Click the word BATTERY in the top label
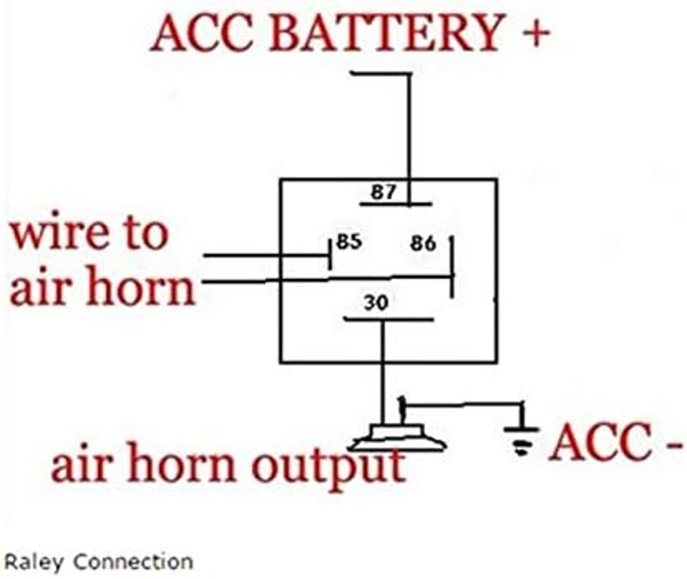[x=386, y=32]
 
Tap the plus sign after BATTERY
[x=535, y=34]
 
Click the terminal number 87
[x=383, y=192]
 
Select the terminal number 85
[x=349, y=241]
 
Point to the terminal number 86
[x=423, y=243]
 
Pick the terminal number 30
[x=376, y=302]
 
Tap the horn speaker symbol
[x=398, y=437]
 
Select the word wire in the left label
[x=59, y=234]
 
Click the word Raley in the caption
[x=33, y=563]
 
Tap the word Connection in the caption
[x=133, y=562]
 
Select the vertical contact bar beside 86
[x=453, y=267]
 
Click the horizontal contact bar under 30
[x=389, y=319]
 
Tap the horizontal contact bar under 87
[x=396, y=204]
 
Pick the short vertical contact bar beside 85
[x=330, y=254]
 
